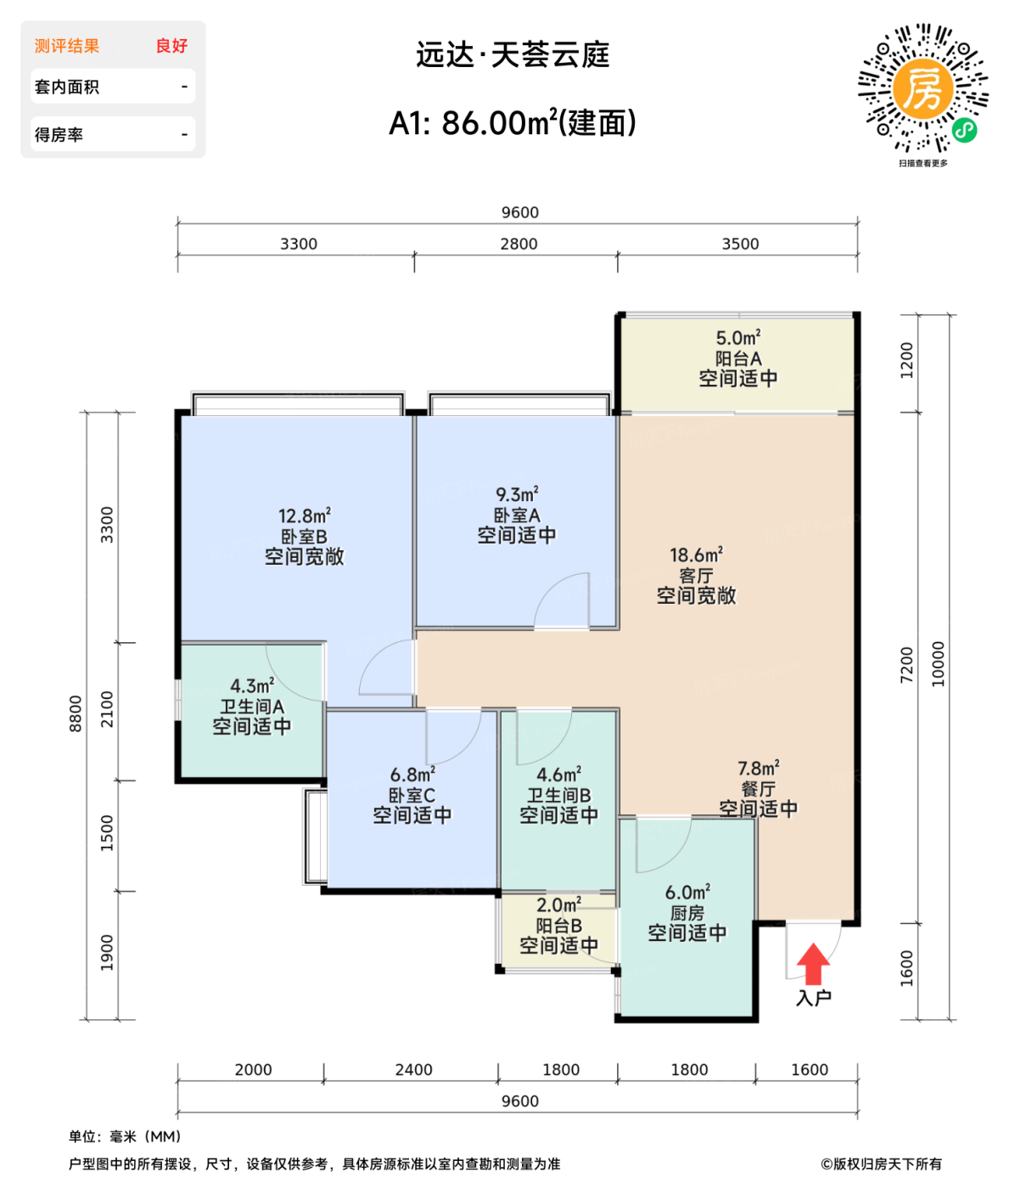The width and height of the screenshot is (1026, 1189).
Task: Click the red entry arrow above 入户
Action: click(813, 963)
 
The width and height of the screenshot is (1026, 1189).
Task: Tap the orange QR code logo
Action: click(922, 88)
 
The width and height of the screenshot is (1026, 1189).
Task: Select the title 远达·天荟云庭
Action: click(513, 55)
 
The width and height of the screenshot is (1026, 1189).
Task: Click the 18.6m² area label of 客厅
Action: click(696, 555)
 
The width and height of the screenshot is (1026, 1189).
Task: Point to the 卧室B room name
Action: click(304, 537)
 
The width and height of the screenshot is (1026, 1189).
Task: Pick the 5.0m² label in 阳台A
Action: click(737, 338)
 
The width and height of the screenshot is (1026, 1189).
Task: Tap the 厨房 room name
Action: click(687, 913)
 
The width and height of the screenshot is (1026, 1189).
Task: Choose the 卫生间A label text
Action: click(252, 707)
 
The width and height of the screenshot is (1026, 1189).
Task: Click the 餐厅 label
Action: click(758, 789)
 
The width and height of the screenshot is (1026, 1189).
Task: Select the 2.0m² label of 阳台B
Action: click(558, 905)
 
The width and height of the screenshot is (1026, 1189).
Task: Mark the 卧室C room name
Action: click(412, 796)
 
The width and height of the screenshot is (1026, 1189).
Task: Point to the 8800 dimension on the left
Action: click(76, 713)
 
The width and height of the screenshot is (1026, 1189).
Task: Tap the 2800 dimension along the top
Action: click(519, 244)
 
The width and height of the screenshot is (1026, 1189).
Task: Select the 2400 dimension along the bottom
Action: click(413, 1070)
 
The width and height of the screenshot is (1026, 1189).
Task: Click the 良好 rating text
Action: click(171, 46)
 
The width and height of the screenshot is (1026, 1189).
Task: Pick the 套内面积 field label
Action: click(67, 87)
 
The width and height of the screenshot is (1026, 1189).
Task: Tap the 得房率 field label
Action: click(59, 135)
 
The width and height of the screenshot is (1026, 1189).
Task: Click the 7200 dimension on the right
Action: click(907, 664)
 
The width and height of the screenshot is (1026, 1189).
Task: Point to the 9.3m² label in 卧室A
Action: click(517, 494)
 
